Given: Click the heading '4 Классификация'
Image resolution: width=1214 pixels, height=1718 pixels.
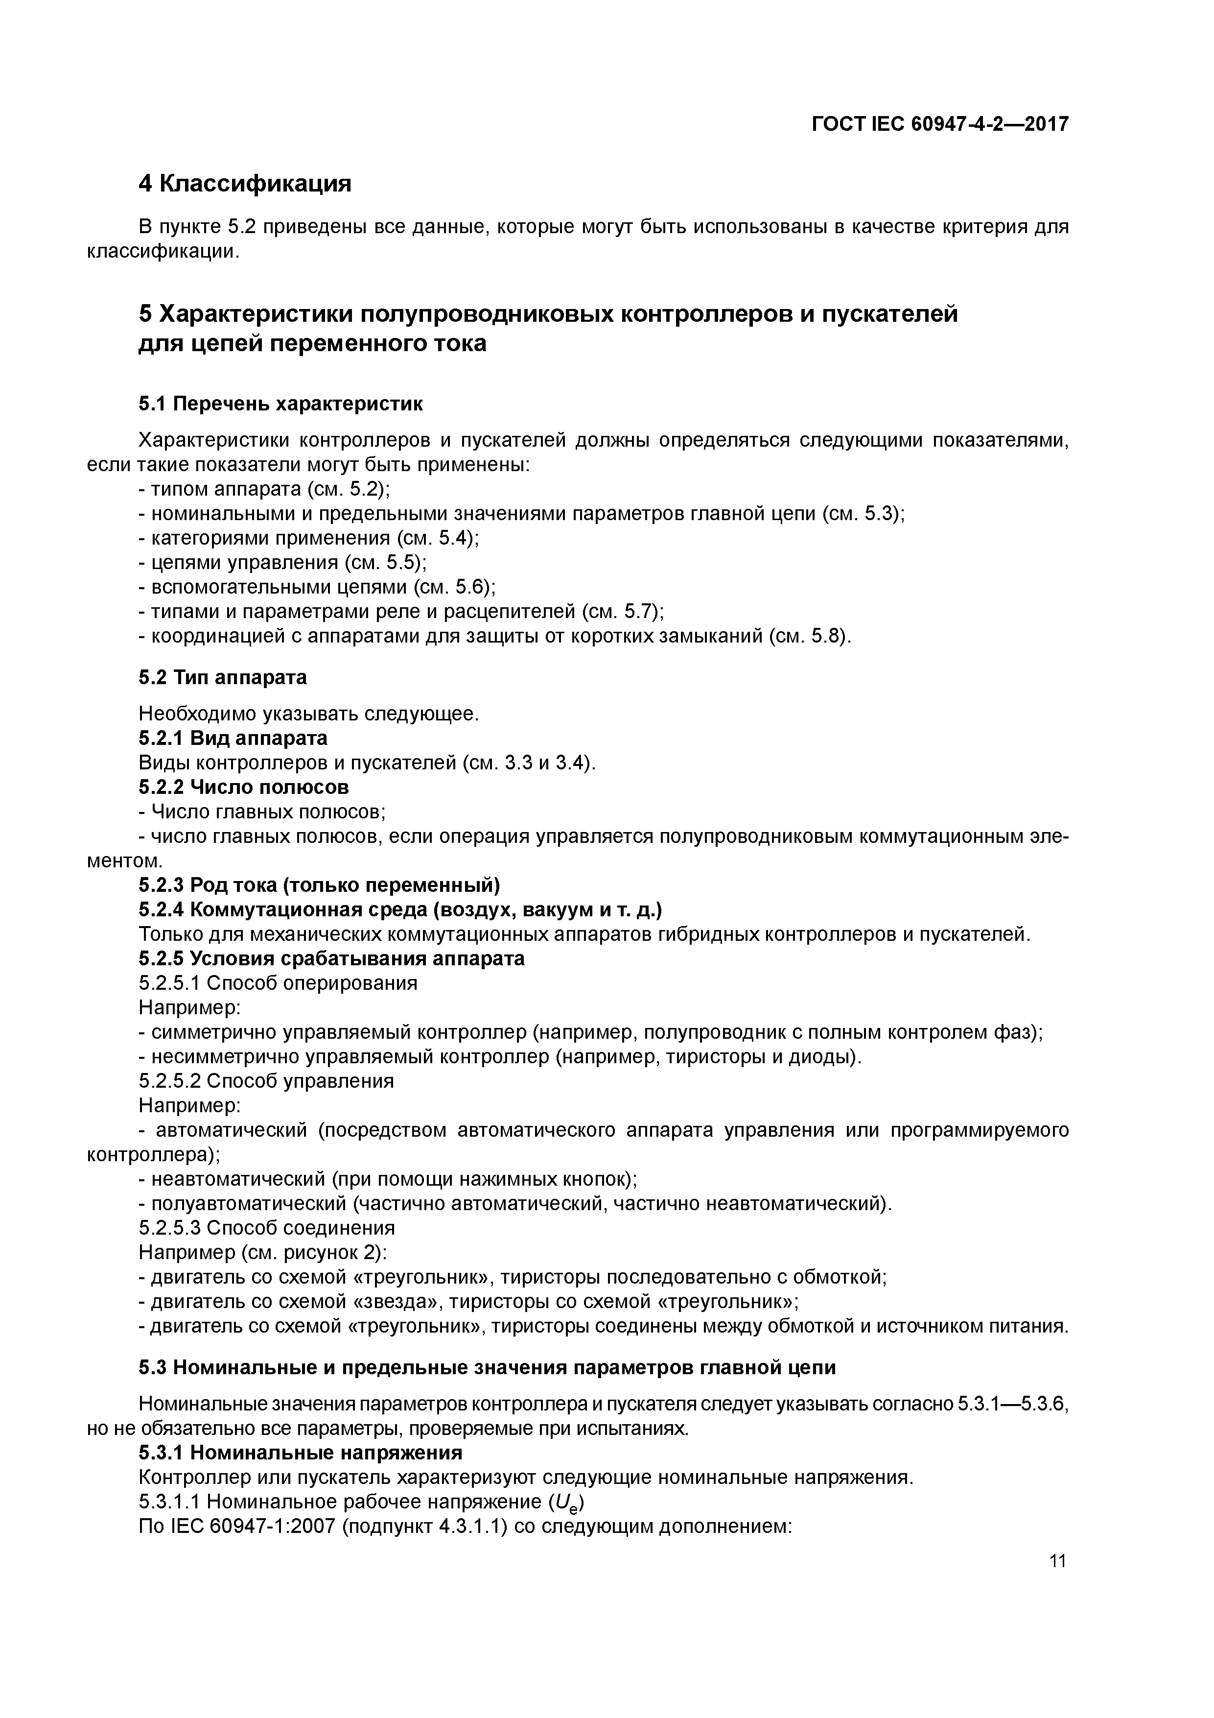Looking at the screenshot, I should (245, 183).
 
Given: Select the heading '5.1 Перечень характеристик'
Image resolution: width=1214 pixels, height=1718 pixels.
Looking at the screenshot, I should (280, 404).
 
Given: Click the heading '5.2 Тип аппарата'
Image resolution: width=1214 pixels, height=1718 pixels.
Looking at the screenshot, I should (222, 677).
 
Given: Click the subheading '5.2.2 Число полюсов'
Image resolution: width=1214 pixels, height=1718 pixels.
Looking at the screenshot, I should (244, 787).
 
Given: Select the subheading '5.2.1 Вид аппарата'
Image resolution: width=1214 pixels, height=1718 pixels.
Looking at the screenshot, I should (233, 739).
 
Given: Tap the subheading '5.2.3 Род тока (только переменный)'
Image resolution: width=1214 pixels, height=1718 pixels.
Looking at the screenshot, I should (319, 885).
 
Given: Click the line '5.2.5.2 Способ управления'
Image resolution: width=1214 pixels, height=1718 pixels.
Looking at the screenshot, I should (266, 1081).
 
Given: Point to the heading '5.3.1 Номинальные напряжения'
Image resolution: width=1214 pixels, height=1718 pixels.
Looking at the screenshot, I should (300, 1453).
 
